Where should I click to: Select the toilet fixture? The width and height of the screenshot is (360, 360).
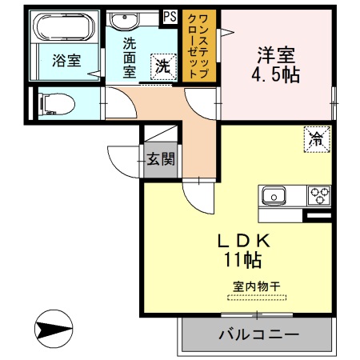[x=56, y=102]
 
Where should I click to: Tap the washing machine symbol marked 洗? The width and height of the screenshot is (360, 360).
[x=162, y=67]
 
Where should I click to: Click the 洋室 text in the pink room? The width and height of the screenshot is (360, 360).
[x=275, y=55]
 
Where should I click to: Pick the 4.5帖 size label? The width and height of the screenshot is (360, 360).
[x=276, y=78]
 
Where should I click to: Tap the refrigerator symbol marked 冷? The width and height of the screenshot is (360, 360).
[x=316, y=138]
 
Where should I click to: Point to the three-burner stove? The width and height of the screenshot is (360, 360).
[x=319, y=194]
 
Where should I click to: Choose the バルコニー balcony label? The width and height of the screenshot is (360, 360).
[x=258, y=334]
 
